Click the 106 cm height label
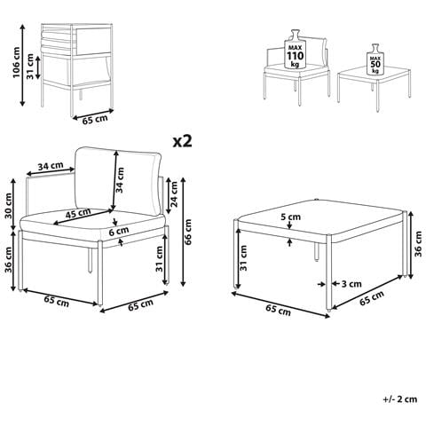pyautogui.click(x=16, y=62)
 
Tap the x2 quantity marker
pyautogui.click(x=183, y=141)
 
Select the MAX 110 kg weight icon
pyautogui.click(x=296, y=50)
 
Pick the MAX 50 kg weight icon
pyautogui.click(x=375, y=59)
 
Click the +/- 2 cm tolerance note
pyautogui.click(x=400, y=399)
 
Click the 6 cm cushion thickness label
pyautogui.click(x=119, y=231)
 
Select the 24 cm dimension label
pyautogui.click(x=174, y=194)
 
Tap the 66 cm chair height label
pyautogui.click(x=187, y=232)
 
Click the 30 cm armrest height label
pyautogui.click(x=9, y=206)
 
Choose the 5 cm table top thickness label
pyautogui.click(x=290, y=217)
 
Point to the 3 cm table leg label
pyautogui.click(x=351, y=284)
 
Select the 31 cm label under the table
pyautogui.click(x=244, y=258)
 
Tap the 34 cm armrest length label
pyautogui.click(x=51, y=166)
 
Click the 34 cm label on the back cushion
pyautogui.click(x=120, y=180)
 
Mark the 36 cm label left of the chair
pyautogui.click(x=9, y=260)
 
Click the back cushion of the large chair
pyautogui.click(x=118, y=180)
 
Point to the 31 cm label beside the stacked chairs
pyautogui.click(x=30, y=67)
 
